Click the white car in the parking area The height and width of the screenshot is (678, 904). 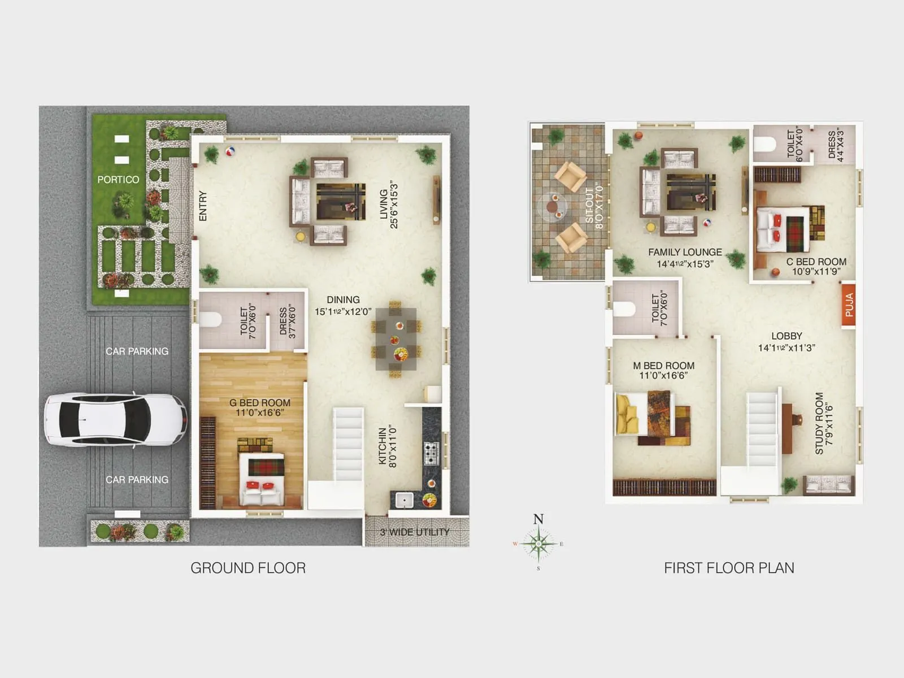[x=115, y=420]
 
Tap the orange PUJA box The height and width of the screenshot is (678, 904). [x=849, y=305]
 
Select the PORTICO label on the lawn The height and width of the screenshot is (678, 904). [x=118, y=180]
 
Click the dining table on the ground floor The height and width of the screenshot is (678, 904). [x=396, y=339]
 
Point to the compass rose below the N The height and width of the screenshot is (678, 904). [x=538, y=544]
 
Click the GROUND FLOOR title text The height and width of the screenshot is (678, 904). [x=248, y=568]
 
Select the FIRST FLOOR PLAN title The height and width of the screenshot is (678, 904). [x=729, y=568]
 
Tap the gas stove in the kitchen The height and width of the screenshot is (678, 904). [x=431, y=453]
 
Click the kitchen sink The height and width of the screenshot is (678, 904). [x=405, y=499]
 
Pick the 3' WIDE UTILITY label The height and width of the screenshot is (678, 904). [x=415, y=532]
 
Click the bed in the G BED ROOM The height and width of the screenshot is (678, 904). [x=261, y=479]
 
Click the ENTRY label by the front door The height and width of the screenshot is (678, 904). [x=203, y=206]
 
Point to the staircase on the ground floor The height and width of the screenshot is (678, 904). [x=347, y=444]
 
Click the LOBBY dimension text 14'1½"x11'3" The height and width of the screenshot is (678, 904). [x=786, y=348]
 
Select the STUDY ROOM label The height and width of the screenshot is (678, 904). [x=819, y=423]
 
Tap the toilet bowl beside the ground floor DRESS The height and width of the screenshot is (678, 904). [x=210, y=320]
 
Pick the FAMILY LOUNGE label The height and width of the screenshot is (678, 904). [x=685, y=253]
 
